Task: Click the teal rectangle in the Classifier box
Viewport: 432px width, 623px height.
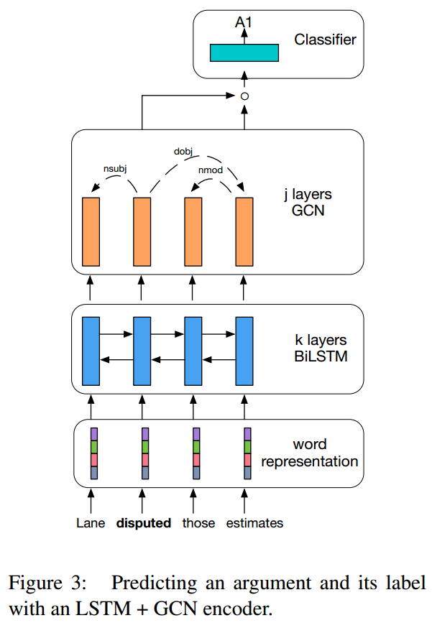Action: click(x=244, y=52)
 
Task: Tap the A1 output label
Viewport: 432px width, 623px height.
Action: click(x=244, y=24)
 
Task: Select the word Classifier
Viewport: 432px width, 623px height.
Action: click(x=324, y=40)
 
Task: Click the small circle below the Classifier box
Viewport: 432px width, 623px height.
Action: click(x=244, y=96)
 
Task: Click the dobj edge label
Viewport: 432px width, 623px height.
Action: click(x=183, y=152)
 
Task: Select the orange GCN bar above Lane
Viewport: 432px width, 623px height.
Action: click(x=91, y=231)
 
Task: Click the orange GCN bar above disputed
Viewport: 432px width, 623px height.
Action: click(x=142, y=231)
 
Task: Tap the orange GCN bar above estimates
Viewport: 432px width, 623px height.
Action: click(x=245, y=231)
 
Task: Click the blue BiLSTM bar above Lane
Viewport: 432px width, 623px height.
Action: click(x=91, y=350)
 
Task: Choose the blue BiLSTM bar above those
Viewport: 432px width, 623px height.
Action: click(x=194, y=350)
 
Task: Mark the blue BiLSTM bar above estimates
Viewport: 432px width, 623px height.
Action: click(x=245, y=350)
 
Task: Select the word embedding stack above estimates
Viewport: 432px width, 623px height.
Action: click(x=247, y=453)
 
